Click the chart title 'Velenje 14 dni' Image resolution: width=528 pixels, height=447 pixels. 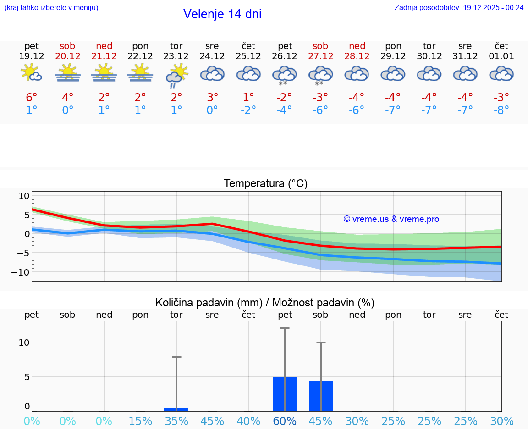click(x=222, y=14)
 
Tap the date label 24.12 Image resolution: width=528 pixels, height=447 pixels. click(x=212, y=56)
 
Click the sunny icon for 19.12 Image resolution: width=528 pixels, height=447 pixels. click(x=31, y=73)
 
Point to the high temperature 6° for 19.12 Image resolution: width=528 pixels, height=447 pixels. click(x=31, y=98)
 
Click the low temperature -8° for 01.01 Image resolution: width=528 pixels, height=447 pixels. click(x=501, y=110)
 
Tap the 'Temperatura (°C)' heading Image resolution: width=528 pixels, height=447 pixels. click(x=265, y=184)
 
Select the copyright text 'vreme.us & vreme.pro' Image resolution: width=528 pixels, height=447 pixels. click(x=391, y=219)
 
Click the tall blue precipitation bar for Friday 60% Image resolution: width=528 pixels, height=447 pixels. click(x=285, y=394)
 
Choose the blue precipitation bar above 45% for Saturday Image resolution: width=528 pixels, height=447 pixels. click(x=321, y=396)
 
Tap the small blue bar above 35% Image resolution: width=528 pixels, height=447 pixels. click(x=176, y=409)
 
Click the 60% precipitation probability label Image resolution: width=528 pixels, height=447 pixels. click(x=285, y=421)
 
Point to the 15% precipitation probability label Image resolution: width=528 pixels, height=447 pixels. click(x=140, y=421)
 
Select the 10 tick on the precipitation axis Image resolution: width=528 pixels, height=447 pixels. click(x=24, y=342)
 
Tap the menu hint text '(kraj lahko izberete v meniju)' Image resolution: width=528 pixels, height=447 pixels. click(x=51, y=7)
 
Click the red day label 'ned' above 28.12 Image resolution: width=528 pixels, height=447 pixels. click(x=357, y=46)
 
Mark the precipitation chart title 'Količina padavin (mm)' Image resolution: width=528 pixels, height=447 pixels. click(x=209, y=303)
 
